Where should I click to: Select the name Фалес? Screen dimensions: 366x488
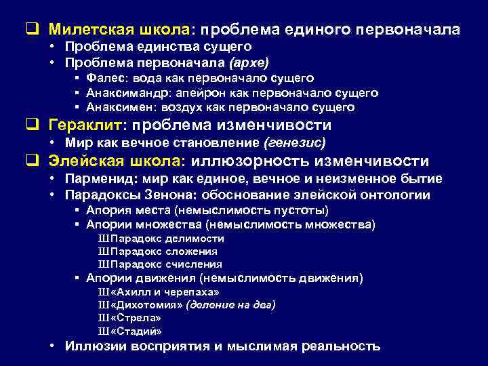pos(102,79)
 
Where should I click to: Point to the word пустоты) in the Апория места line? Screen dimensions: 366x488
pos(304,210)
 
